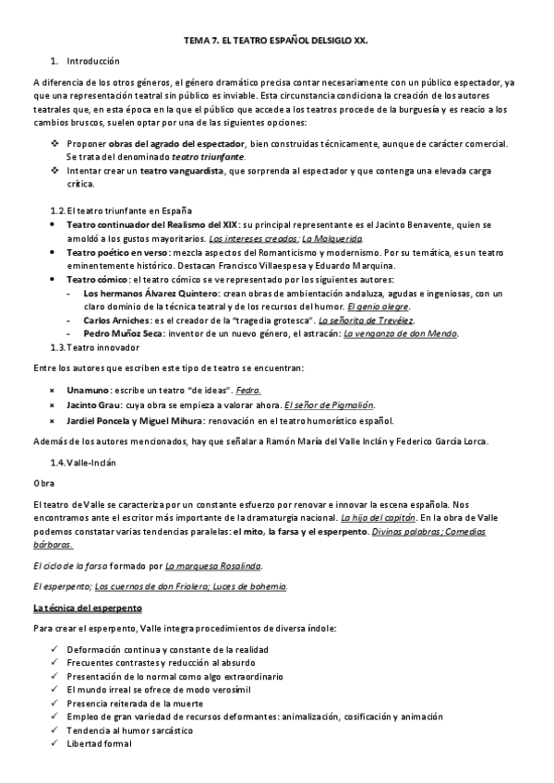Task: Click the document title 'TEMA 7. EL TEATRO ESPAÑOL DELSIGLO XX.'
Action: tap(276, 42)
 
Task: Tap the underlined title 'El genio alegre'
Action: tap(379, 306)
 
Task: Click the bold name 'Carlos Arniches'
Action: tap(120, 319)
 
